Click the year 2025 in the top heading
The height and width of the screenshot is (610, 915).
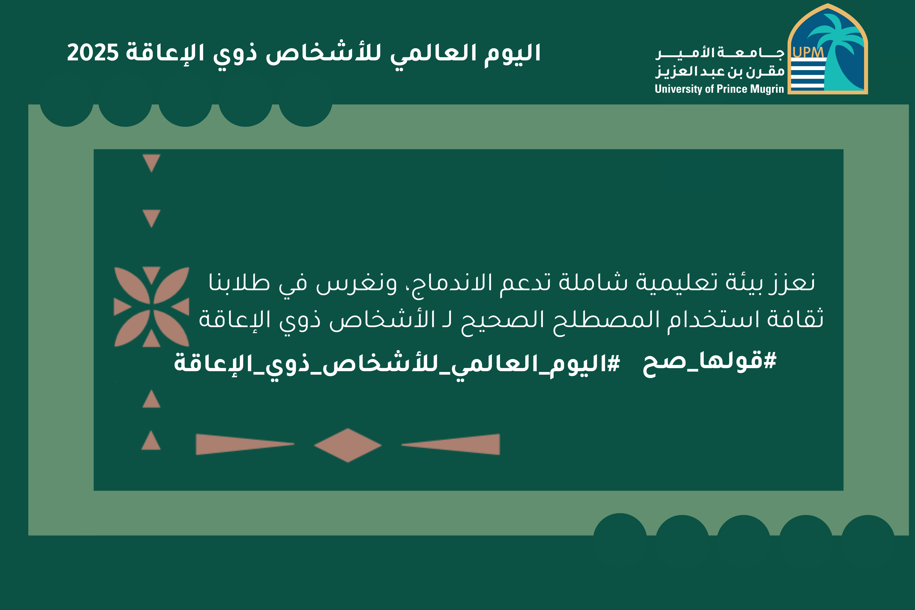point(93,53)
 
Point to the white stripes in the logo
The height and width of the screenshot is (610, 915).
point(808,75)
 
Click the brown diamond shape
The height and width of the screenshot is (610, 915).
point(348,445)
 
